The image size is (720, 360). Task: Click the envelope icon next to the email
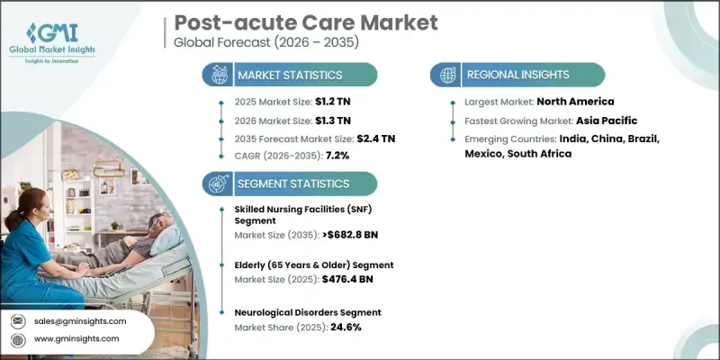point(20,321)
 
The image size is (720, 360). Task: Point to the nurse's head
point(26,202)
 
